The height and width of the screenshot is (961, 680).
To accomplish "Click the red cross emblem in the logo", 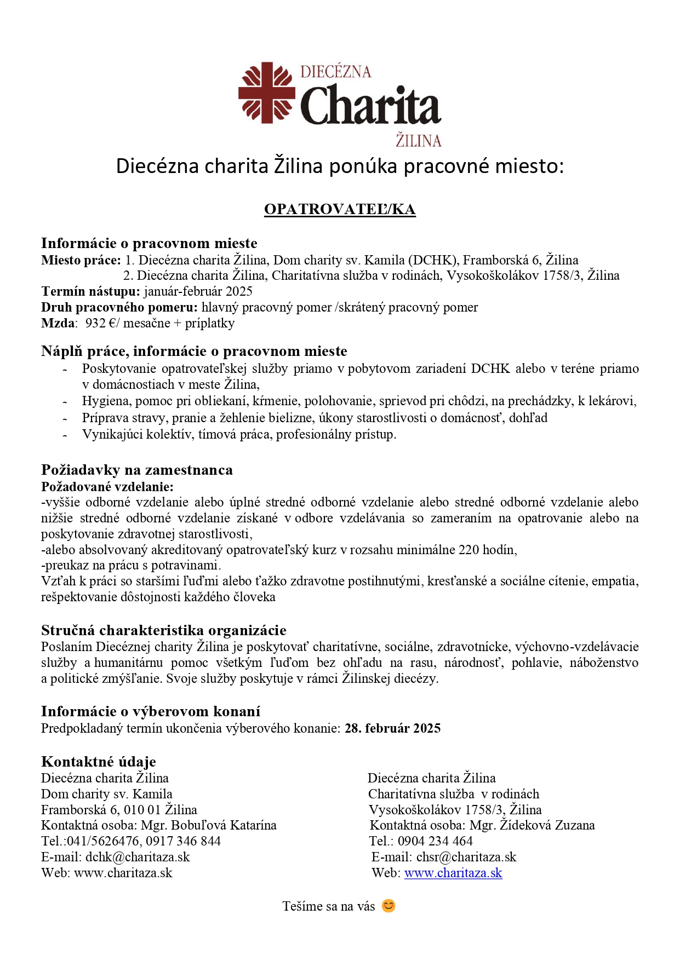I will pos(267,92).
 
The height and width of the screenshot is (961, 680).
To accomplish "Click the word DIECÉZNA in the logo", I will pos(335,72).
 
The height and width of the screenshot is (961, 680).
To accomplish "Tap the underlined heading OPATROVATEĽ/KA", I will pos(340,210).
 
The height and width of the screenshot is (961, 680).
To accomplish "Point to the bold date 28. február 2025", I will pos(392,728).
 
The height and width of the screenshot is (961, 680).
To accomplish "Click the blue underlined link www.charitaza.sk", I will pos(453,873).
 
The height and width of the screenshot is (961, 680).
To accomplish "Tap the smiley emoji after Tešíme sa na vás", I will pos(388,906).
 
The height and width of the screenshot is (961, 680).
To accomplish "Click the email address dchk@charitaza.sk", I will pos(138,857).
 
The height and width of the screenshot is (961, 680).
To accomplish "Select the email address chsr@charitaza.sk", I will pos(466,857).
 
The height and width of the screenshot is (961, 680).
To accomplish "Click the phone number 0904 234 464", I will pos(435,841).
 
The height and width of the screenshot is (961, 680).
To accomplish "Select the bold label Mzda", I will pos(58,323).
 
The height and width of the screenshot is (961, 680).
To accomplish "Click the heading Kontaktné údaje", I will pos(99,762).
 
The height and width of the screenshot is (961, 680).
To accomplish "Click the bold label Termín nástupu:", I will pos(90,291).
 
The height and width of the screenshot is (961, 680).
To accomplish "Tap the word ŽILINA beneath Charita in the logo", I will pos(418,141).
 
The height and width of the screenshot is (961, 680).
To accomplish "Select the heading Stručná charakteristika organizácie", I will pos(164,630).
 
